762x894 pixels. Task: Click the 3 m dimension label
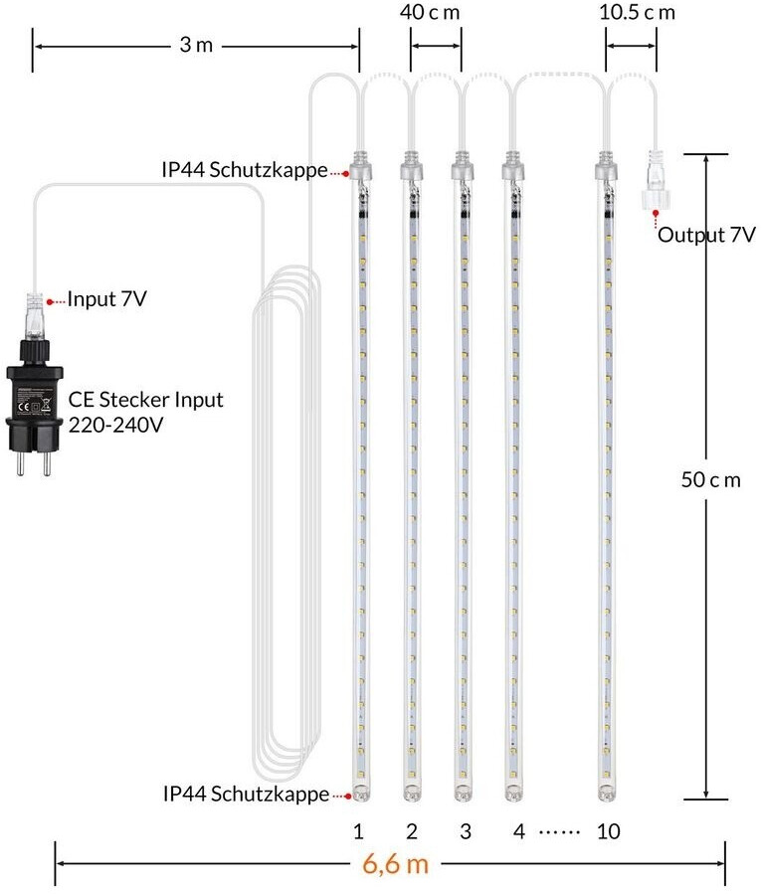[196, 46]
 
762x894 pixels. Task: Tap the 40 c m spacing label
[436, 13]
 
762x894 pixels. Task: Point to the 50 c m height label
[710, 479]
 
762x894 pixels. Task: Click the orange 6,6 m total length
[396, 863]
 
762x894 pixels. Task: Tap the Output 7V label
[706, 237]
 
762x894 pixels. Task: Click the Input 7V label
[107, 298]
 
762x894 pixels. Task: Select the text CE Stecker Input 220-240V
[145, 411]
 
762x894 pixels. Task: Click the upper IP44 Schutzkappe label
[245, 170]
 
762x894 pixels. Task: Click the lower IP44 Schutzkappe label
[246, 794]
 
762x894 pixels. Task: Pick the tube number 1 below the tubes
[356, 830]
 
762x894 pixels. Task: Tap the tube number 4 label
[517, 830]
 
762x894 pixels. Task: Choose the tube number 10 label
[609, 830]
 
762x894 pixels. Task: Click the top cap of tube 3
[460, 167]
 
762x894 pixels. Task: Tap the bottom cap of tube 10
[607, 792]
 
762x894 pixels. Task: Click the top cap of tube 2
[410, 167]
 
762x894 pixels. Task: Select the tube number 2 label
[410, 830]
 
